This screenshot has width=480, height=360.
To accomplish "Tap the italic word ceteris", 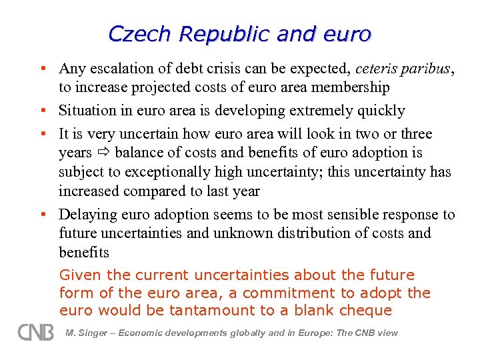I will click(x=377, y=69).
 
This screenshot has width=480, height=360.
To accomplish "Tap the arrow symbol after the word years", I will click(x=103, y=153).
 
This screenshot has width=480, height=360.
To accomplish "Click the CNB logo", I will click(x=35, y=332).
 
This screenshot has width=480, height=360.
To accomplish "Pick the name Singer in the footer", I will click(x=95, y=333).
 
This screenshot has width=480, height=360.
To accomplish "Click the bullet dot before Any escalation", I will click(x=42, y=69).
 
